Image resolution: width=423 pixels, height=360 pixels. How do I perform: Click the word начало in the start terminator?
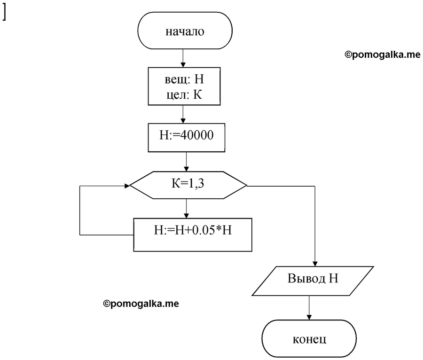pyautogui.click(x=185, y=31)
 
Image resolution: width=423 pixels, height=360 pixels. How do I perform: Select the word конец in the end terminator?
pyautogui.click(x=309, y=339)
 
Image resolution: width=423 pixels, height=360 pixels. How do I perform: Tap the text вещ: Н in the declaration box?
pyautogui.click(x=184, y=79)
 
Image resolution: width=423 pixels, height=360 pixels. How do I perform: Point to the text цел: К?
pyautogui.click(x=184, y=94)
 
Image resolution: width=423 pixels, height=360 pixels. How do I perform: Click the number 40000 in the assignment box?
pyautogui.click(x=196, y=135)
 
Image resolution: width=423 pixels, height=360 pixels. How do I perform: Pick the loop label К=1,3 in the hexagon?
pyautogui.click(x=188, y=184)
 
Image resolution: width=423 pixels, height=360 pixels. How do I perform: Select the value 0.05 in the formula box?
pyautogui.click(x=201, y=230)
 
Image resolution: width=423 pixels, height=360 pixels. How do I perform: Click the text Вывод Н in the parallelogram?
pyautogui.click(x=313, y=278)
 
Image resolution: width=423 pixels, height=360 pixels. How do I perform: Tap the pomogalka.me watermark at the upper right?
pyautogui.click(x=383, y=55)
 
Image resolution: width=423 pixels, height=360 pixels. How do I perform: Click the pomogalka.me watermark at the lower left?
pyautogui.click(x=141, y=304)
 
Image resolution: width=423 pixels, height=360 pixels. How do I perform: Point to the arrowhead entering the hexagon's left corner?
pyautogui.click(x=127, y=186)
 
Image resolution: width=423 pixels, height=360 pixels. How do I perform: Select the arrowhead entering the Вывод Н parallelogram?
pyautogui.click(x=315, y=264)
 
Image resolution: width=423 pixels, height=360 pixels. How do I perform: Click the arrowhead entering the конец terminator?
pyautogui.click(x=309, y=317)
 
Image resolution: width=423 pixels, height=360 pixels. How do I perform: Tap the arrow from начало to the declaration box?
pyautogui.click(x=183, y=58)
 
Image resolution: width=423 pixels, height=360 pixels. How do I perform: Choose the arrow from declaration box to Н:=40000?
pyautogui.click(x=183, y=114)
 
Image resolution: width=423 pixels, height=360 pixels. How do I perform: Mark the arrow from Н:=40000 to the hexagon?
pyautogui.click(x=187, y=162)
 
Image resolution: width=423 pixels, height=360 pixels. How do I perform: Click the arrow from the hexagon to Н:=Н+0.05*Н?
pyautogui.click(x=187, y=209)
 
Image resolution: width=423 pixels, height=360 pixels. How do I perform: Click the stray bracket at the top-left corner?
pyautogui.click(x=4, y=13)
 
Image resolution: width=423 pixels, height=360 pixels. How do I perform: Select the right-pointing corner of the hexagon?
pyautogui.click(x=247, y=186)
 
